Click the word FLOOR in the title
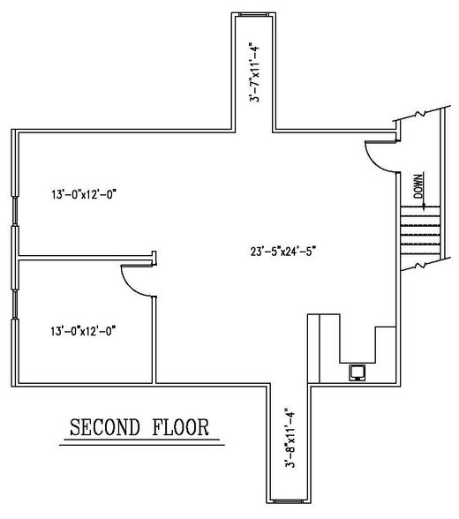point(179,428)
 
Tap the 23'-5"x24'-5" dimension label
point(282,250)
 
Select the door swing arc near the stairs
point(378,160)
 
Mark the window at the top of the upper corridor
point(252,15)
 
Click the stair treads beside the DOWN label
point(419,229)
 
